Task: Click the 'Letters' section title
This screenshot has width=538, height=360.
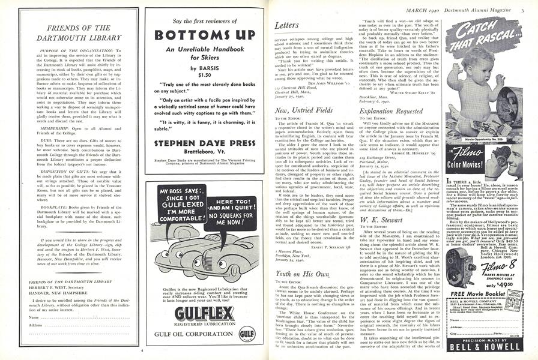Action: (287, 26)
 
